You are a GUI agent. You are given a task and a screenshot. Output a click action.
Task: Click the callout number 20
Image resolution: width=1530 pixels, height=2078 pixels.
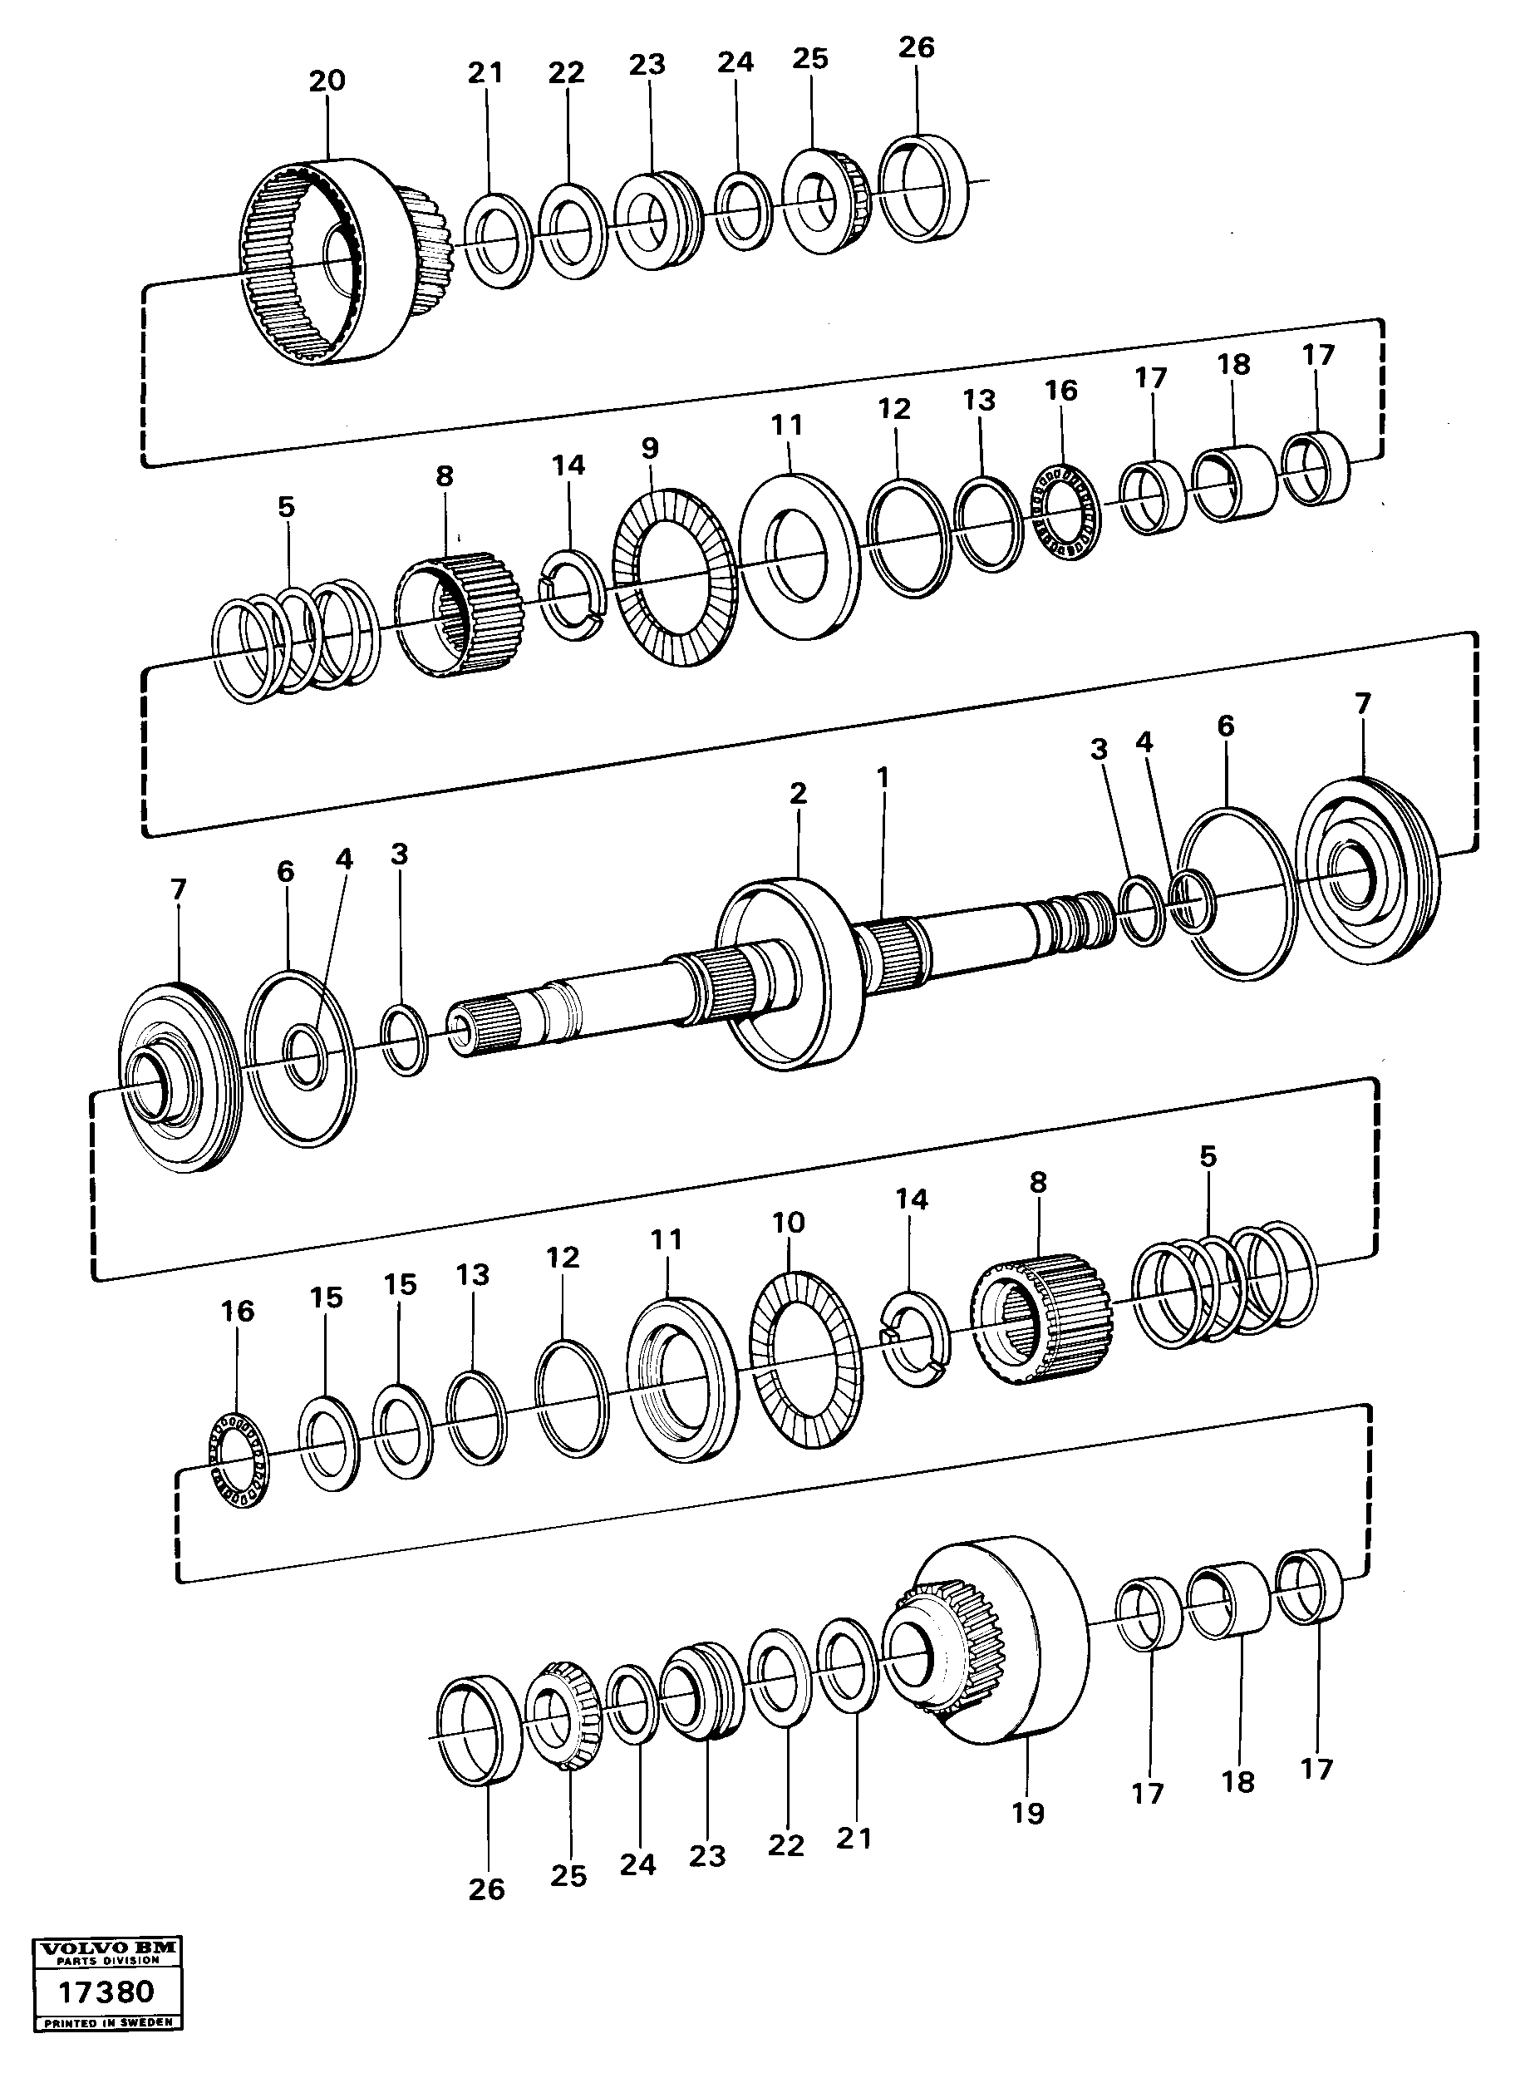point(326,81)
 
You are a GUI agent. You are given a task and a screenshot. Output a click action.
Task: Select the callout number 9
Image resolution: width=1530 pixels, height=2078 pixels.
point(650,448)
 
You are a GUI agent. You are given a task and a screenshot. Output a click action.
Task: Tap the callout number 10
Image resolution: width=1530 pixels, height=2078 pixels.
point(788,1223)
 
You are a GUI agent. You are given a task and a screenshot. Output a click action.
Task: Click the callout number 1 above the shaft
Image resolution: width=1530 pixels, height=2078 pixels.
point(883,776)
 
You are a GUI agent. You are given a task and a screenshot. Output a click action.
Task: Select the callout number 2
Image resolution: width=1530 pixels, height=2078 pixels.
point(799,793)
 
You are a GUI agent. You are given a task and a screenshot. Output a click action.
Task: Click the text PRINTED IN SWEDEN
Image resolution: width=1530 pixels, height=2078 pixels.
point(107,2023)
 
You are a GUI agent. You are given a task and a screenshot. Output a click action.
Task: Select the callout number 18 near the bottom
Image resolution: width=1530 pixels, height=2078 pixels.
point(1237,1781)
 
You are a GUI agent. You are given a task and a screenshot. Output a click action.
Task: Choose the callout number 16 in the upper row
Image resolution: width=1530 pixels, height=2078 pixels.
point(1061,390)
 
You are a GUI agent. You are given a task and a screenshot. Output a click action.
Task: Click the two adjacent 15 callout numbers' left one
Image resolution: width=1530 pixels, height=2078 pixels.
point(326,1298)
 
